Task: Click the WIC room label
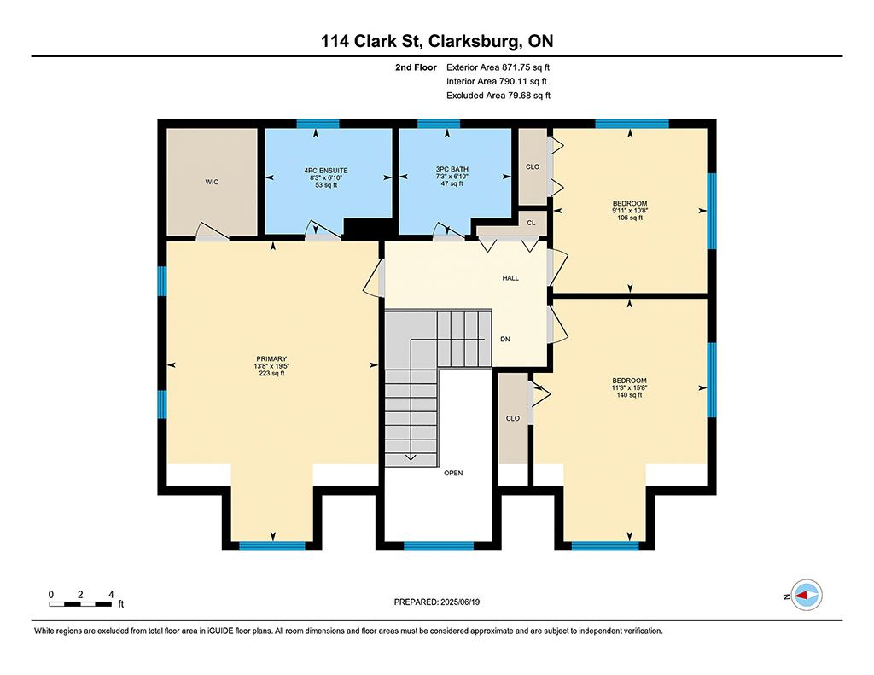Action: tap(212, 182)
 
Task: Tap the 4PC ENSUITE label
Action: tap(326, 171)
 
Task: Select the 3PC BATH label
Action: tap(452, 170)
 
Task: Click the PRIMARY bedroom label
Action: tap(271, 359)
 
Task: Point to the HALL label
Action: tap(510, 278)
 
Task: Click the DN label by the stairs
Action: tap(505, 339)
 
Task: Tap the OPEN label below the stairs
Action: tap(453, 474)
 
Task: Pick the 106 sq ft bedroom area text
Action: tap(630, 218)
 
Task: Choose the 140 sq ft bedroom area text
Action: tap(629, 395)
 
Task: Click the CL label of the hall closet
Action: tap(531, 223)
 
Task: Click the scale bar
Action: tap(80, 604)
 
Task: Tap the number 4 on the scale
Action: tap(111, 595)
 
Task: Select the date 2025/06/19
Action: tap(460, 602)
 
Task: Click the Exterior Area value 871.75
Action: tap(515, 67)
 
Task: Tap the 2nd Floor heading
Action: tap(416, 67)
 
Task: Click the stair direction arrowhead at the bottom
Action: tap(411, 457)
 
